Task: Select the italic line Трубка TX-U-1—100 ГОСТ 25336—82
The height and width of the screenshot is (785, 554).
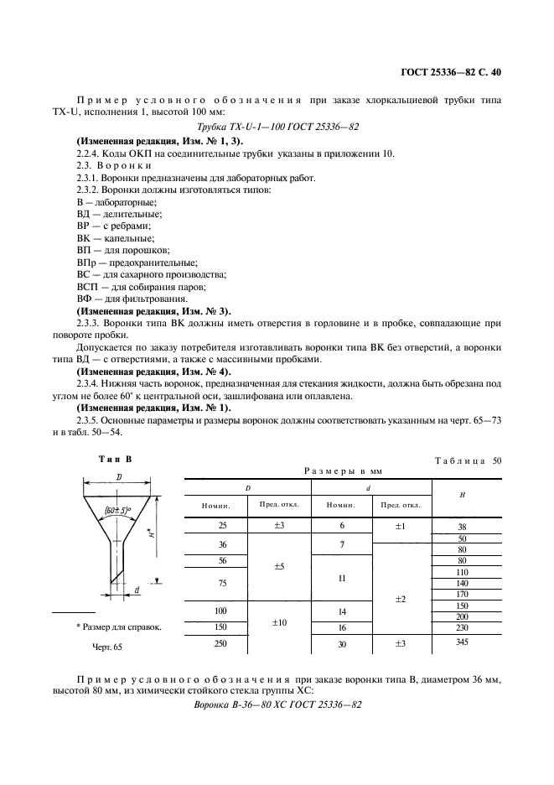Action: (x=277, y=126)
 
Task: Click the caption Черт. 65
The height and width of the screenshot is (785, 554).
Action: (x=106, y=647)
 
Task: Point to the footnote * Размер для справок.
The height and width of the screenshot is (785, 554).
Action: (x=118, y=626)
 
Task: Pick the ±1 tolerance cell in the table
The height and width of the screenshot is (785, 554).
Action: (x=401, y=526)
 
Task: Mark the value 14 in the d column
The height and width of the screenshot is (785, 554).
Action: (x=341, y=612)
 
